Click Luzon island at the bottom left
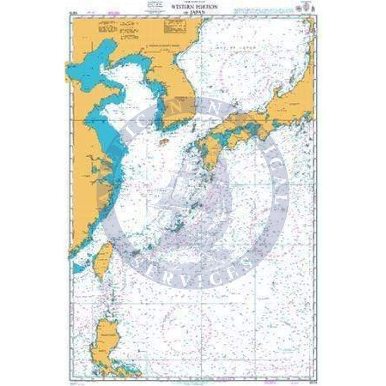tap(106, 341)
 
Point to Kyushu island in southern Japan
tap(210, 153)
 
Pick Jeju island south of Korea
tap(164, 142)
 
